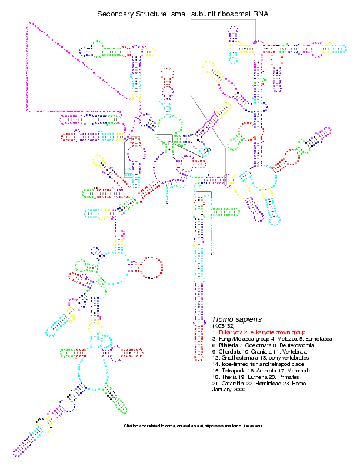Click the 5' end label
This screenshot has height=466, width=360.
pos(168,202)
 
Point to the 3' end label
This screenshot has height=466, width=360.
pos(212,254)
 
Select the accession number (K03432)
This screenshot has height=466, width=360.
pos(224,326)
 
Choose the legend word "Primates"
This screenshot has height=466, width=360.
pos(289,377)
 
